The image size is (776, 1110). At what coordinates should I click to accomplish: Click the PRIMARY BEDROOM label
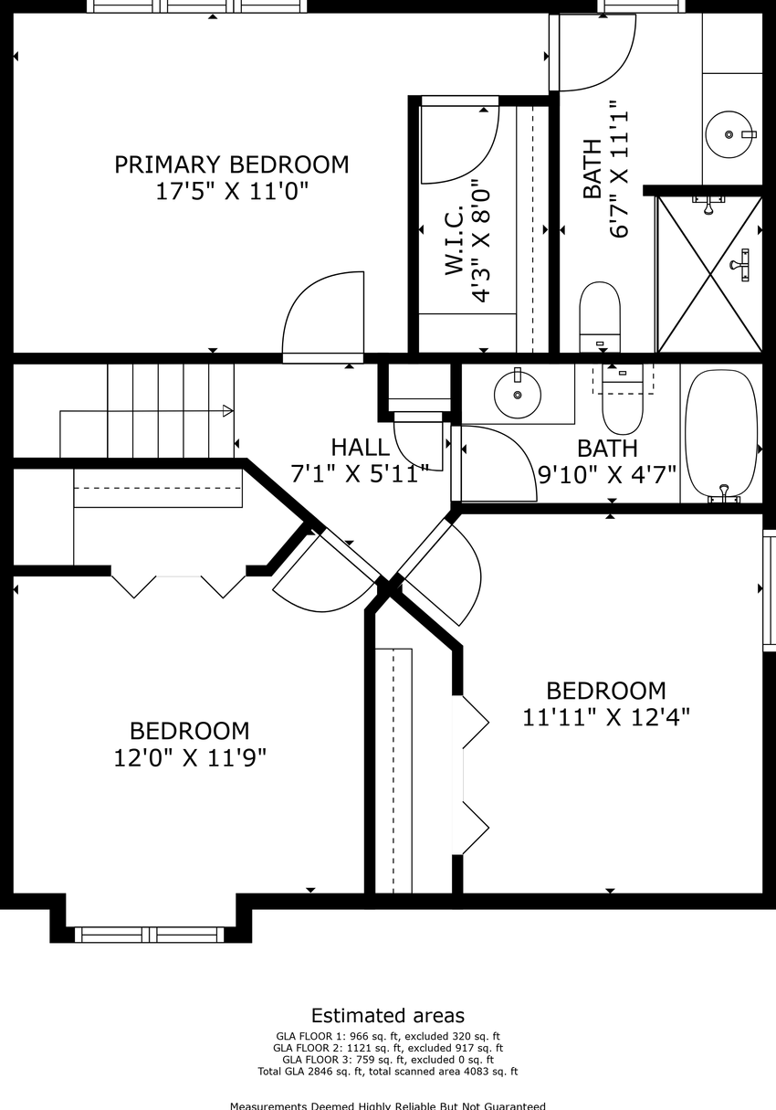[x=232, y=164]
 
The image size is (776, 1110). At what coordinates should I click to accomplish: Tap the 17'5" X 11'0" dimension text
[x=232, y=191]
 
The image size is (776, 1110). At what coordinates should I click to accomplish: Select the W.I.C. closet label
[x=454, y=240]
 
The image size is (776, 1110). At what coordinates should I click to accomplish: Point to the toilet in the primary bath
[x=600, y=317]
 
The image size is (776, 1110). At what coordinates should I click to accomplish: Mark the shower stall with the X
[x=709, y=274]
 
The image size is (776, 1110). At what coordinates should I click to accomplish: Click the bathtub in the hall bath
[x=721, y=436]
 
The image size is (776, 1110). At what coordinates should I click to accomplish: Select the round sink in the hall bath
[x=518, y=395]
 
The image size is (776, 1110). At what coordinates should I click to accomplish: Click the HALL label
[x=360, y=447]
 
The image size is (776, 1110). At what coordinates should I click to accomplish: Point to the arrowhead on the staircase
[x=228, y=411]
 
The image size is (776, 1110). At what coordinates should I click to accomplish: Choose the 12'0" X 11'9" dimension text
[x=190, y=757]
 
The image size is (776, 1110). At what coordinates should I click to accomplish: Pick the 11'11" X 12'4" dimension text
[x=606, y=717]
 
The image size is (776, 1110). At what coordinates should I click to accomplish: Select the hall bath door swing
[x=515, y=442]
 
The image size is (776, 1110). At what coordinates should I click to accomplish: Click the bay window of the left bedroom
[x=149, y=936]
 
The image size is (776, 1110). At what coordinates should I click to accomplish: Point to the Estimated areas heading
[x=388, y=1015]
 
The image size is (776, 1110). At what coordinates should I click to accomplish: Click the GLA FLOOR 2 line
[x=388, y=1048]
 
